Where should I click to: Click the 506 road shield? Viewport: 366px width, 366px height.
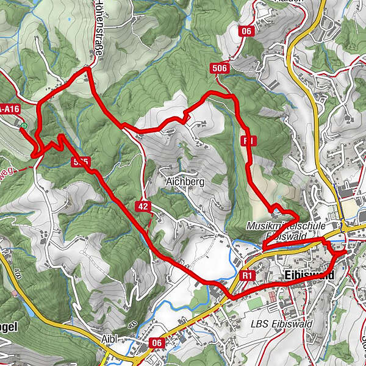221,68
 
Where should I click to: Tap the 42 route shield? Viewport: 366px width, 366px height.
143,207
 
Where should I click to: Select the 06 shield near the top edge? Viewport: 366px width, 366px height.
246,32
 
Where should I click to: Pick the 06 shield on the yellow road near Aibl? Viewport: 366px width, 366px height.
157,343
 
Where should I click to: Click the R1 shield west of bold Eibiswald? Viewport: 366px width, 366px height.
247,276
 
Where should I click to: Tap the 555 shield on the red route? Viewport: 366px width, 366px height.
81,162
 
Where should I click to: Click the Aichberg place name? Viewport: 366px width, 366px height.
184,181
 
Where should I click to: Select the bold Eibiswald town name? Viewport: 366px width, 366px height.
310,276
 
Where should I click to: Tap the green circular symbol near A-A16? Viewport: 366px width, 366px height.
23,126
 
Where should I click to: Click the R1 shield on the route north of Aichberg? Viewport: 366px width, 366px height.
248,141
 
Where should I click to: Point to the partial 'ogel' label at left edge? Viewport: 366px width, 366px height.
10,327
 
